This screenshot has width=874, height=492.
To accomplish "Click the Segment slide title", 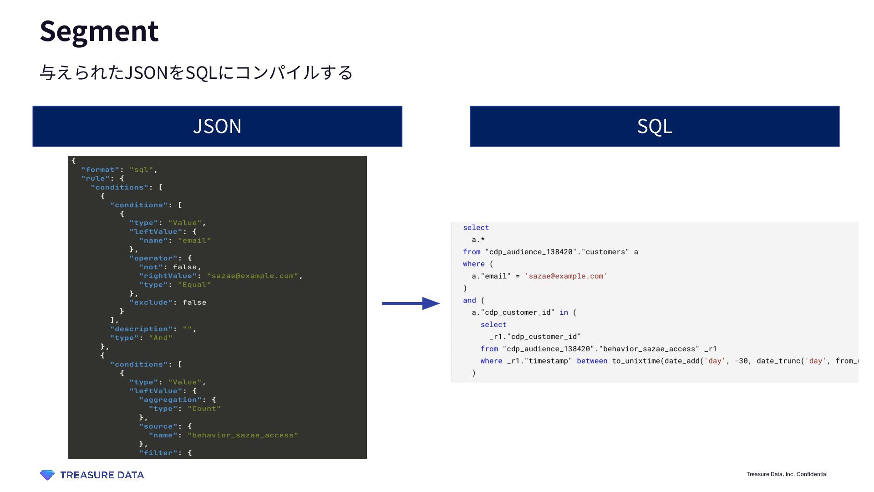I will pos(99,31).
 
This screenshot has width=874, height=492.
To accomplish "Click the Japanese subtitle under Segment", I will pos(196,72).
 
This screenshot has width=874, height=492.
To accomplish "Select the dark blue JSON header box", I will pos(217,126).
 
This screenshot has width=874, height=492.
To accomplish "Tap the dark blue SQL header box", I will pos(654,126).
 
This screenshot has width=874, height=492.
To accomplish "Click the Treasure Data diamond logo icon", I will pos(47,475).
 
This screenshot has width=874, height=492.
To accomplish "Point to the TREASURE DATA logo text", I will pos(102,475).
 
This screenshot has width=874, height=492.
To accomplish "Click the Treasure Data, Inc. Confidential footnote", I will pos(787,474).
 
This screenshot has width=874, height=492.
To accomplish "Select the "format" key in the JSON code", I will pos(100,170).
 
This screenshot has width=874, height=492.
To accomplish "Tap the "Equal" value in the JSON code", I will pos(194,285).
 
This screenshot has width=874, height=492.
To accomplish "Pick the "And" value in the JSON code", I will pos(161,338).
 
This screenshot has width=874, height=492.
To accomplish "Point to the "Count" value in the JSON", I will pos(204,409).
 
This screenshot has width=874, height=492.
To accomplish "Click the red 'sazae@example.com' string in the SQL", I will pos(565,276).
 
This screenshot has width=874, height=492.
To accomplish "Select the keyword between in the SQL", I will pos(592,361).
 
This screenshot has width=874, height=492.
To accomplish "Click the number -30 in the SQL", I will pos(742,361).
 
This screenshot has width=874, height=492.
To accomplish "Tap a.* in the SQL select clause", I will pos(478,240).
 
